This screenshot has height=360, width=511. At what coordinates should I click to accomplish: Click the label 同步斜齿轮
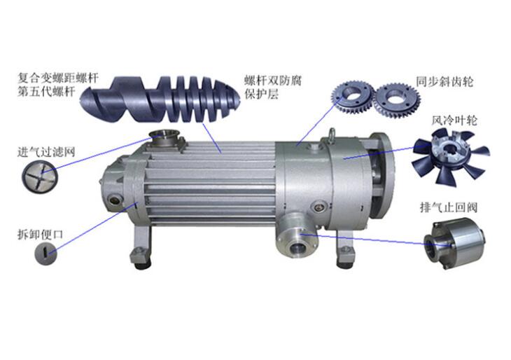coord(444,81)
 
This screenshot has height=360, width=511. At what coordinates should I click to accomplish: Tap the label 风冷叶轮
coord(454,120)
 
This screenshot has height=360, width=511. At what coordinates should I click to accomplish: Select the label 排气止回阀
coord(449,207)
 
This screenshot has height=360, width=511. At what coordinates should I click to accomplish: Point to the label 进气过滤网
coord(46,151)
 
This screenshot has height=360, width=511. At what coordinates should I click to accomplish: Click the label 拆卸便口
coord(40,235)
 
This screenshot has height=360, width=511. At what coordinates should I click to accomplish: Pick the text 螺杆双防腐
coord(273,81)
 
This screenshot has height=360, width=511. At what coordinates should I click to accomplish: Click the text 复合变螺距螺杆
coord(57,78)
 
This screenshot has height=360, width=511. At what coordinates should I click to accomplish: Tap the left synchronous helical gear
coord(352,96)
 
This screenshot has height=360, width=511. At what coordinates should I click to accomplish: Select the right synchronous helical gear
coord(396,100)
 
